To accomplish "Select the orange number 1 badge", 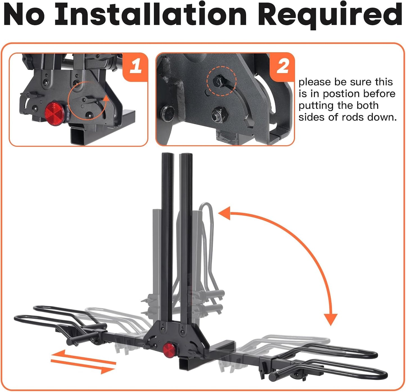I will (136, 67).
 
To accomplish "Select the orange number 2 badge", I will (282, 67).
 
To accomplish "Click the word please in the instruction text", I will (314, 82).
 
